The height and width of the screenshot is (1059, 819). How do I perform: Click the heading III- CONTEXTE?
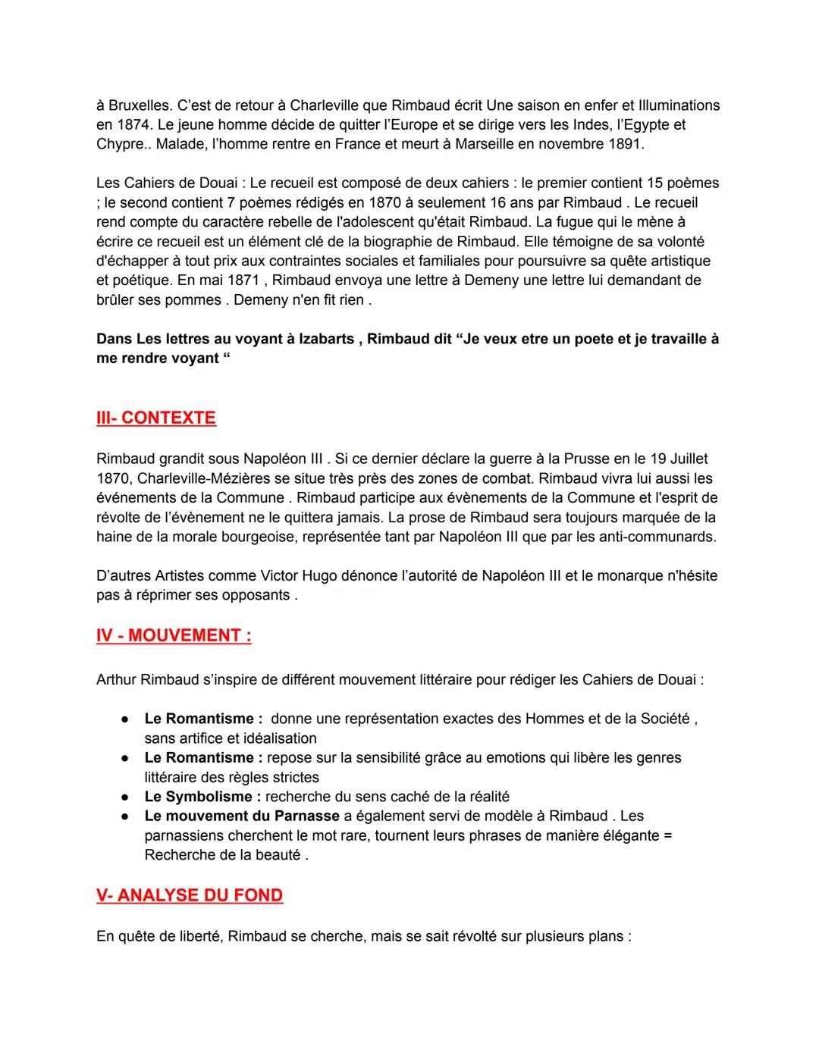pyautogui.click(x=156, y=418)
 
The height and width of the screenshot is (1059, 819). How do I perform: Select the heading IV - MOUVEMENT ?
pyautogui.click(x=174, y=635)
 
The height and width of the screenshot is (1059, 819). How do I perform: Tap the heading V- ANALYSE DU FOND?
pyautogui.click(x=190, y=895)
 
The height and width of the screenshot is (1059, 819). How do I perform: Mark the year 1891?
pyautogui.click(x=625, y=144)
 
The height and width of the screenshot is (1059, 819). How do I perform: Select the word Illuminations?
pyautogui.click(x=679, y=105)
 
